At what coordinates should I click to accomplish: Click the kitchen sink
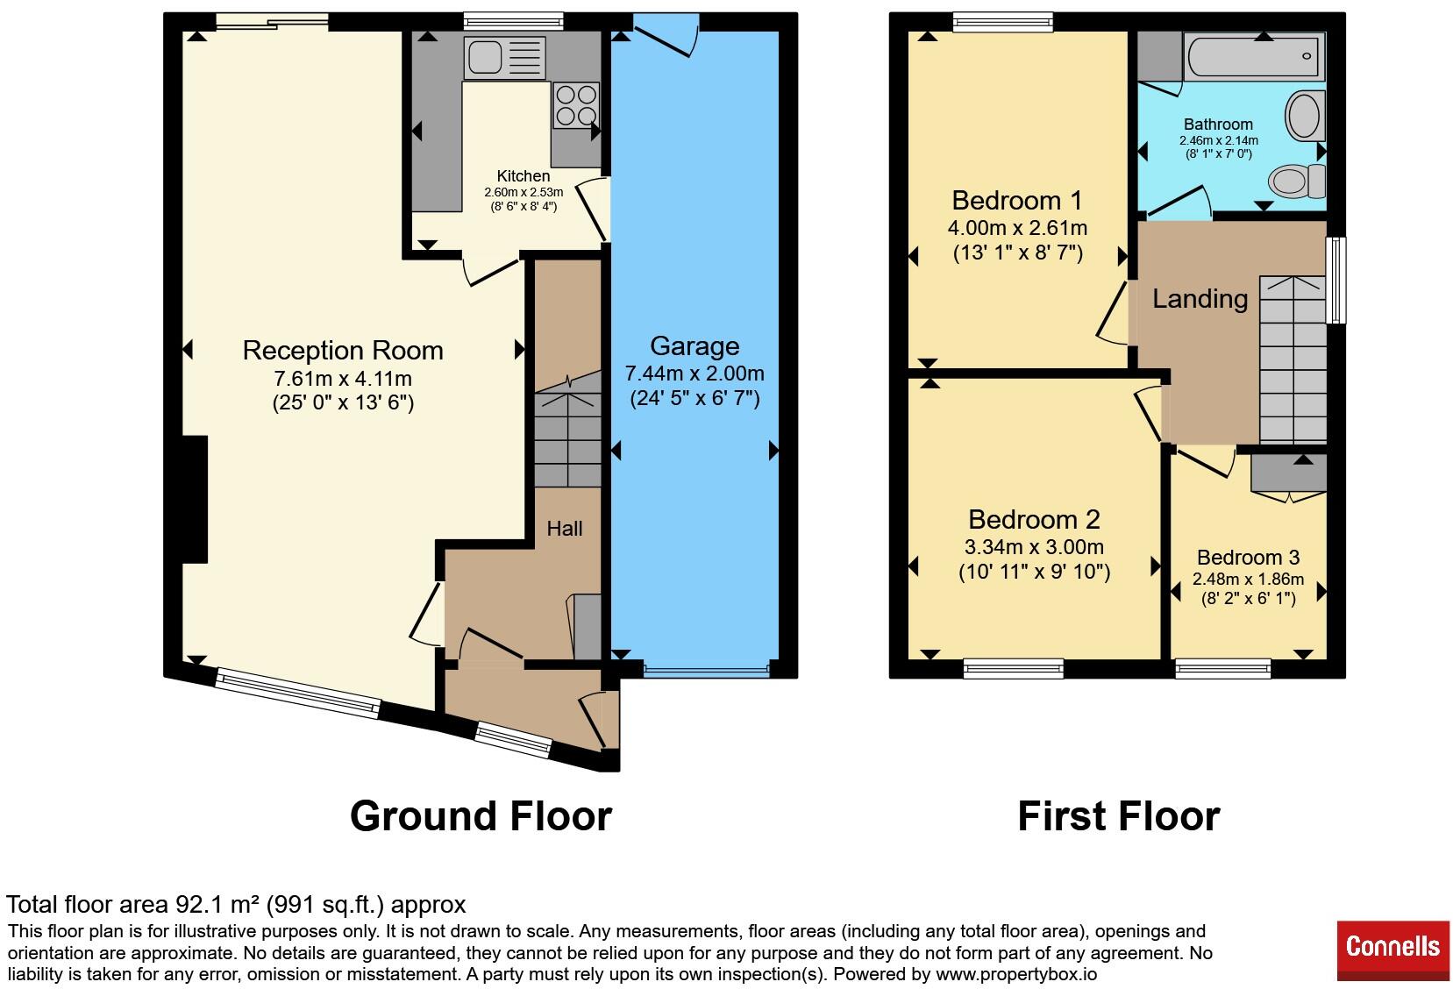point(505,57)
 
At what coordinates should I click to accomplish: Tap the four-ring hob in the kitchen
point(576,105)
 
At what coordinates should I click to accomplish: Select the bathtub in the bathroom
point(1254,56)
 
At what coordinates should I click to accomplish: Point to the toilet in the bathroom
point(1297,181)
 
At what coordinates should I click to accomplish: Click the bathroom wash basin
point(1305,116)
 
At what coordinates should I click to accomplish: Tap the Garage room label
point(694,346)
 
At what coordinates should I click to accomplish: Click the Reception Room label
point(343,350)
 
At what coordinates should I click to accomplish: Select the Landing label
point(1200,299)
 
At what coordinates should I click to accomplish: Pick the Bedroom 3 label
point(1248,557)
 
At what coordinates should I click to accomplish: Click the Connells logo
point(1392,946)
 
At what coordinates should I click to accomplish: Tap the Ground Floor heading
point(481,816)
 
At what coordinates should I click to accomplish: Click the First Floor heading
point(1119,816)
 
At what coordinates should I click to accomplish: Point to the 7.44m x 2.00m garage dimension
point(694,374)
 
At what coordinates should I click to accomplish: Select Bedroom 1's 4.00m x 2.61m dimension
point(1018,228)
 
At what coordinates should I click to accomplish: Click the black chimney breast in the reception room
point(195,500)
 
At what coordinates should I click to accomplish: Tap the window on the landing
point(1335,281)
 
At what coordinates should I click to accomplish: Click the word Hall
point(565,529)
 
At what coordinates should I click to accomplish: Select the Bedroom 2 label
point(1034,519)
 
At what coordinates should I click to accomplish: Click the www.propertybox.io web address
point(1016,973)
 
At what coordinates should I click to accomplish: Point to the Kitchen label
point(524,175)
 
